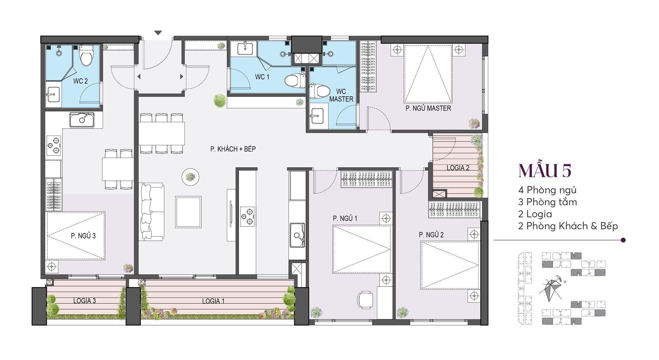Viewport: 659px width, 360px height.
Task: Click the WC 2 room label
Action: (81, 81)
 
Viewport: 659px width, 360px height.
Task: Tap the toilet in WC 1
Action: (295, 80)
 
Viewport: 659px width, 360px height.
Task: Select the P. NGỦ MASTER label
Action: (428, 108)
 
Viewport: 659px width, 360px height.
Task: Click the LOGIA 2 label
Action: (458, 168)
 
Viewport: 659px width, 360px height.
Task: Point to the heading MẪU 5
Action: (545, 170)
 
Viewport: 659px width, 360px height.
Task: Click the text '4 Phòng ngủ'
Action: (547, 190)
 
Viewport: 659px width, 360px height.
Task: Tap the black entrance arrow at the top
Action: (158, 33)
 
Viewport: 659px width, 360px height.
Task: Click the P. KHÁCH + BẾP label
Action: (233, 149)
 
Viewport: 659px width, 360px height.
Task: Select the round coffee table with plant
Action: (191, 177)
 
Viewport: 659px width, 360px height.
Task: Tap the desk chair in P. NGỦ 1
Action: (365, 300)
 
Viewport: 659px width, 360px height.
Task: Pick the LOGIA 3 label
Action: (85, 301)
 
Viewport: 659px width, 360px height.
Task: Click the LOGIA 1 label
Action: (213, 301)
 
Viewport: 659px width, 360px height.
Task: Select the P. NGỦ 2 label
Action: (431, 235)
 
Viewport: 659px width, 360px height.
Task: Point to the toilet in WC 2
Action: (86, 55)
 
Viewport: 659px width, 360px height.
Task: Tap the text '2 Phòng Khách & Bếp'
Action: (568, 226)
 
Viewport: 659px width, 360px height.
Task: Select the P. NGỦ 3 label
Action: (83, 236)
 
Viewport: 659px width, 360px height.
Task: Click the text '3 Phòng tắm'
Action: (547, 202)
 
